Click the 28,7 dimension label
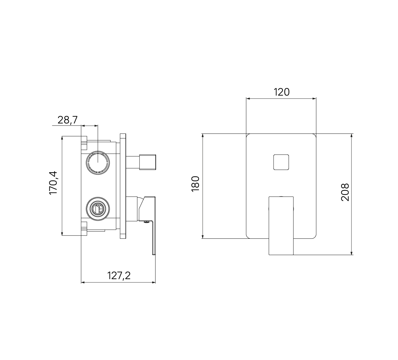[68, 120]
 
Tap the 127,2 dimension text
[119, 276]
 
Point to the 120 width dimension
[282, 92]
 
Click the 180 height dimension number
[196, 184]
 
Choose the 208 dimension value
[345, 192]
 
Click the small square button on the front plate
[281, 162]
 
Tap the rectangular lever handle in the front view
[281, 226]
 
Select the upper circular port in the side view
[98, 163]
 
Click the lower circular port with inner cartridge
[98, 209]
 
